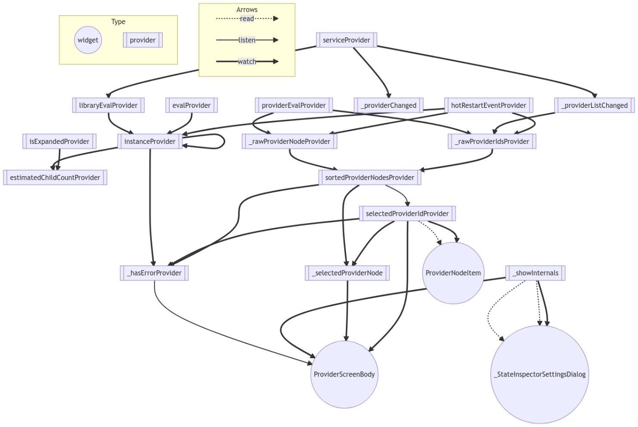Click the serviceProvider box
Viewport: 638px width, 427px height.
[x=346, y=40]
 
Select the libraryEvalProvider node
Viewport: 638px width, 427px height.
[x=108, y=105]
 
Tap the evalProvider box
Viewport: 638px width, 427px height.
[x=191, y=105]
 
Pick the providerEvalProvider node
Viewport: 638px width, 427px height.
[x=293, y=105]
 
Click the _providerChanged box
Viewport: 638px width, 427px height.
[x=388, y=105]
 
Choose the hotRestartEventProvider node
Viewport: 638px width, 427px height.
[x=488, y=105]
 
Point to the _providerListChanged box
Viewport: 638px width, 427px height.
[x=594, y=105]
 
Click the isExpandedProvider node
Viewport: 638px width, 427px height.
[x=59, y=141]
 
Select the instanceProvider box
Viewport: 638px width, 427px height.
[x=149, y=141]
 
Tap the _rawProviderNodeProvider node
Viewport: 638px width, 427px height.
[x=289, y=141]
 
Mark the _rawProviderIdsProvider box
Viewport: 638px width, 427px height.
[x=492, y=141]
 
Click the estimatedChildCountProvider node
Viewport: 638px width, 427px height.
[x=55, y=177]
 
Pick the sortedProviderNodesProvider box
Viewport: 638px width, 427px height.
[x=370, y=177]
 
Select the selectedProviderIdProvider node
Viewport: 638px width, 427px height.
[x=407, y=213]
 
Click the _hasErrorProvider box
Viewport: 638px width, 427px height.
[x=154, y=273]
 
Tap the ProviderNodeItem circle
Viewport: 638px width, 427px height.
[x=453, y=273]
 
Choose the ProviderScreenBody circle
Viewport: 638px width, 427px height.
[x=344, y=374]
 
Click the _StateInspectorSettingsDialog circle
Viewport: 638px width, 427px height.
[x=540, y=374]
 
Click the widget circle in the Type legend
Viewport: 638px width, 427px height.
[x=88, y=40]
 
